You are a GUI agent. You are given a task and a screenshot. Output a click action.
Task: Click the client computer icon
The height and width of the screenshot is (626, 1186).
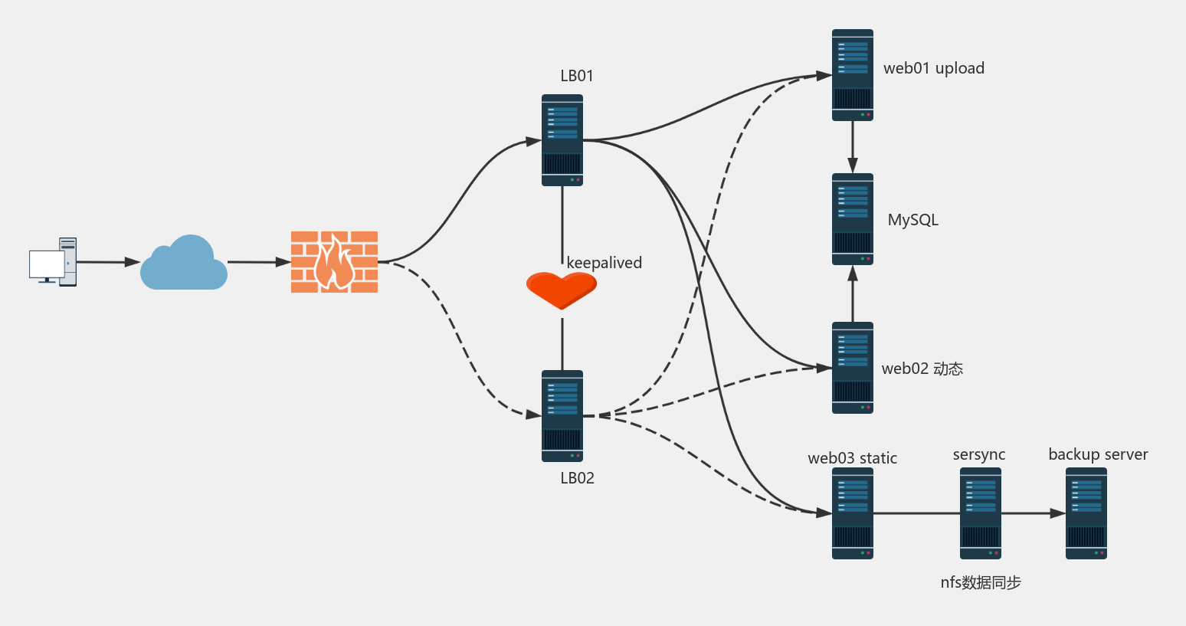tap(53, 262)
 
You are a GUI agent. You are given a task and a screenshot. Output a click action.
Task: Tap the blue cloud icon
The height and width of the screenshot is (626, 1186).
tap(184, 264)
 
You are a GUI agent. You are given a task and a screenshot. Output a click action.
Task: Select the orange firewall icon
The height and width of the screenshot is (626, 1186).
tap(334, 262)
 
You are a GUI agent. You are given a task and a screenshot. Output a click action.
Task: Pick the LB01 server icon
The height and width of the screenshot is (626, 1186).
tap(562, 140)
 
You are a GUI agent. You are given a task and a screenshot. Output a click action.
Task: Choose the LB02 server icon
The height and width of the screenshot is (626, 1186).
tap(562, 416)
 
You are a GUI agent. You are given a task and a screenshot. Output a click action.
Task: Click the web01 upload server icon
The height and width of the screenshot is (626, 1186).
tap(853, 75)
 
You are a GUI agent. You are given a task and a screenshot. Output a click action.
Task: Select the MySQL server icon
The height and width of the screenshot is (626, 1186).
tap(853, 219)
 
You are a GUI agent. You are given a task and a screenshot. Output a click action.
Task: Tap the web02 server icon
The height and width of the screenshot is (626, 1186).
tap(853, 368)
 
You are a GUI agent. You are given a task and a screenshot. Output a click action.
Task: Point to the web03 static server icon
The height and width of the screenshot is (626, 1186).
tap(853, 513)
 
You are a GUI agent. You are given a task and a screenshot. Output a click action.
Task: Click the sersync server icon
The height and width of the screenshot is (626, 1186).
tap(981, 513)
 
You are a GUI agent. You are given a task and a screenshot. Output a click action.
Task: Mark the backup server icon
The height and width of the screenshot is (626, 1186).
tap(1086, 513)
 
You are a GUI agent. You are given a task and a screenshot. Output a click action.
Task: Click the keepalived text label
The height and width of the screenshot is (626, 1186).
tap(604, 263)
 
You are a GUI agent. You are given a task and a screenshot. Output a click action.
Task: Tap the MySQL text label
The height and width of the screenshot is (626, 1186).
tap(912, 220)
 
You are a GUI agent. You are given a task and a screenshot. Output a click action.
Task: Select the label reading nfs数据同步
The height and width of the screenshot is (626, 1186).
tap(981, 582)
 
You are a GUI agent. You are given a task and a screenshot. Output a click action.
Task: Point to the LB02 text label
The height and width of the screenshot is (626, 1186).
tap(577, 478)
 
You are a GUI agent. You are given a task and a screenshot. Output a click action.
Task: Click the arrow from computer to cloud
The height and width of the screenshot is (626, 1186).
tap(108, 262)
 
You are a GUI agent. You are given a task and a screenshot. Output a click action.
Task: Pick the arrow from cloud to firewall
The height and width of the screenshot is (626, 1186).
tap(259, 262)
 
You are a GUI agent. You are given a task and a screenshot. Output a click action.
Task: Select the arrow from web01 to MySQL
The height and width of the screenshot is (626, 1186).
tap(853, 147)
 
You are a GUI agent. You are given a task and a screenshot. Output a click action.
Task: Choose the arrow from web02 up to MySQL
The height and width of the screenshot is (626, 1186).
tap(853, 294)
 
